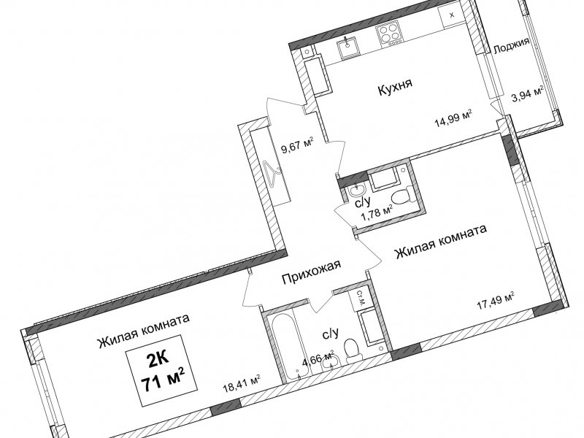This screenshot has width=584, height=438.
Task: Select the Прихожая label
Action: pos(311,272)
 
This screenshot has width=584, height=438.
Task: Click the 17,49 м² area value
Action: pos(496,301)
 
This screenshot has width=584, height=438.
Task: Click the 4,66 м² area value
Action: pos(317,358)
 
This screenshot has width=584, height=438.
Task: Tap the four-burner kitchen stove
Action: pos(389,32)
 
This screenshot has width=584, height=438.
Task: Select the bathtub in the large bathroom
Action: pos(286,342)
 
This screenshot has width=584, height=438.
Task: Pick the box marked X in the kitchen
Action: pos(451,15)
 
